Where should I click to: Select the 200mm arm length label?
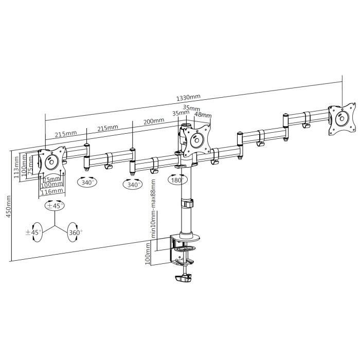154,121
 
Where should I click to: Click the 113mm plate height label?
17,168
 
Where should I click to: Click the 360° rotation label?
76,233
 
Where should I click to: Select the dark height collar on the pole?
187,203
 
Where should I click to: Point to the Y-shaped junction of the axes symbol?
53,226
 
